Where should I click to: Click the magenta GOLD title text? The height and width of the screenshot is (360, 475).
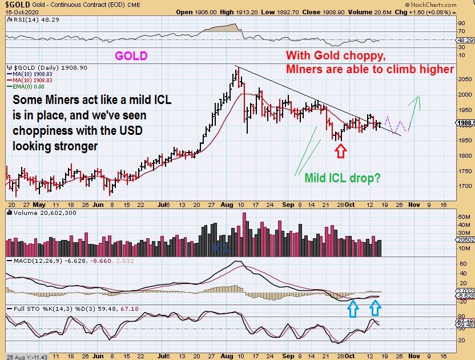point(131,56)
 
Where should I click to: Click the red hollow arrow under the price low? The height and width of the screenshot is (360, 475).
point(340,150)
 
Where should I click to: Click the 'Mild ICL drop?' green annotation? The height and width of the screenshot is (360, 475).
point(343,178)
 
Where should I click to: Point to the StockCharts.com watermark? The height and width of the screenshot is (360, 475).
point(448,5)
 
